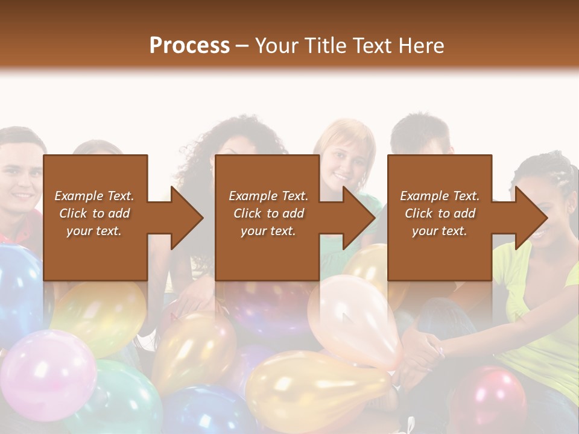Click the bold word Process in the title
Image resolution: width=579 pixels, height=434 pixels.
click(x=189, y=45)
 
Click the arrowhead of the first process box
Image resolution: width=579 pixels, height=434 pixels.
click(x=188, y=218)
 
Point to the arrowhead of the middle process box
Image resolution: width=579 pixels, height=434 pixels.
click(x=359, y=218)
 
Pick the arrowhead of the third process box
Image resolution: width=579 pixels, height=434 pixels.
click(x=531, y=218)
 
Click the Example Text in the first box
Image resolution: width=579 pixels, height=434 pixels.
click(x=95, y=196)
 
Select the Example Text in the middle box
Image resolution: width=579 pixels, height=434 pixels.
click(x=268, y=196)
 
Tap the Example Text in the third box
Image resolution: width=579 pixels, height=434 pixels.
click(x=440, y=196)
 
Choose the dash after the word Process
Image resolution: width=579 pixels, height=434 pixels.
click(x=242, y=46)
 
